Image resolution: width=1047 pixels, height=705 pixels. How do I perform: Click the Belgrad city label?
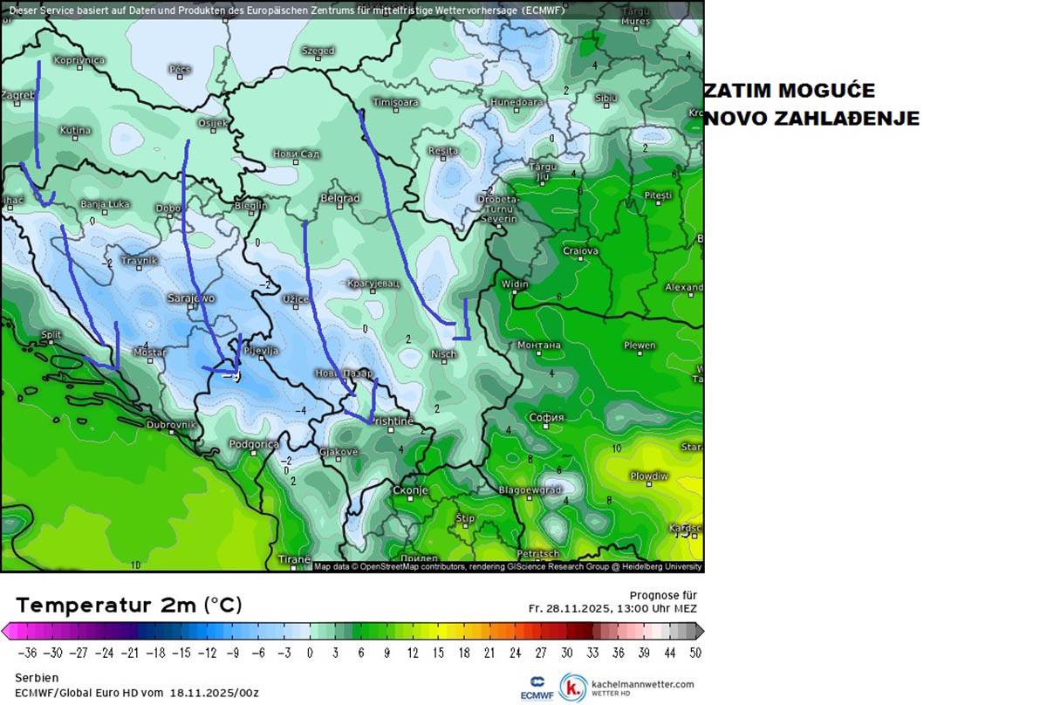coord(339,199)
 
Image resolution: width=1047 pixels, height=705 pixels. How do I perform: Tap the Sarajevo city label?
coord(190,298)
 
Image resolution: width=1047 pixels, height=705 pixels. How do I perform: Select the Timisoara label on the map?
coord(395,102)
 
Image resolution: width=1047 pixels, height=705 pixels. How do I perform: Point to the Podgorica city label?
coord(253,444)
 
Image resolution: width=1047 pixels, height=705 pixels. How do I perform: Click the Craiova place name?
coord(580,251)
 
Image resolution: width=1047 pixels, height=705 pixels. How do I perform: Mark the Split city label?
coord(51,335)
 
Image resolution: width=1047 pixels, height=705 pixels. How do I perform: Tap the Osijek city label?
coord(212,123)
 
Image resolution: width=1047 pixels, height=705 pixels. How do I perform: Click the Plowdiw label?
coord(649,476)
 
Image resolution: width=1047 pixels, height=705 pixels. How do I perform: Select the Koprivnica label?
coord(79,60)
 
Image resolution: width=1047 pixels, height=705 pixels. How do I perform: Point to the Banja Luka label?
coord(105,204)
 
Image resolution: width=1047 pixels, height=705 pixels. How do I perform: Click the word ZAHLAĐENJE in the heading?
coord(812,119)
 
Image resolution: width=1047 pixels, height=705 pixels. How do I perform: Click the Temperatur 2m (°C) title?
coord(129,605)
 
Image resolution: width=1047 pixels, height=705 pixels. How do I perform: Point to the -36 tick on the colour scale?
coord(27,653)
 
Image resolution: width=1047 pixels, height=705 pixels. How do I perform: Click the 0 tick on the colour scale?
coord(310,653)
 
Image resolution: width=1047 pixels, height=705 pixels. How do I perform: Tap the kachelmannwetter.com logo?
coord(627,687)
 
